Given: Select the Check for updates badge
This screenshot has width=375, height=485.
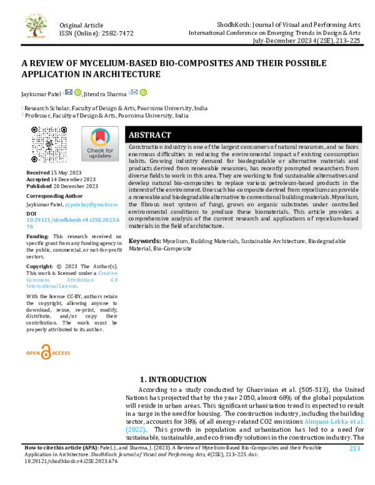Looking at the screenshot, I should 100,144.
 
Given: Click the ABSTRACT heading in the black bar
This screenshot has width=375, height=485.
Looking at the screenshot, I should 149,135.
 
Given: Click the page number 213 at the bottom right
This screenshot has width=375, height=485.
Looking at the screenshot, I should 354,448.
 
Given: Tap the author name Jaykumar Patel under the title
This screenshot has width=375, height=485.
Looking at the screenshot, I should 39,93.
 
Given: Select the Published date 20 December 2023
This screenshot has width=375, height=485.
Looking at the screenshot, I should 74,186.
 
